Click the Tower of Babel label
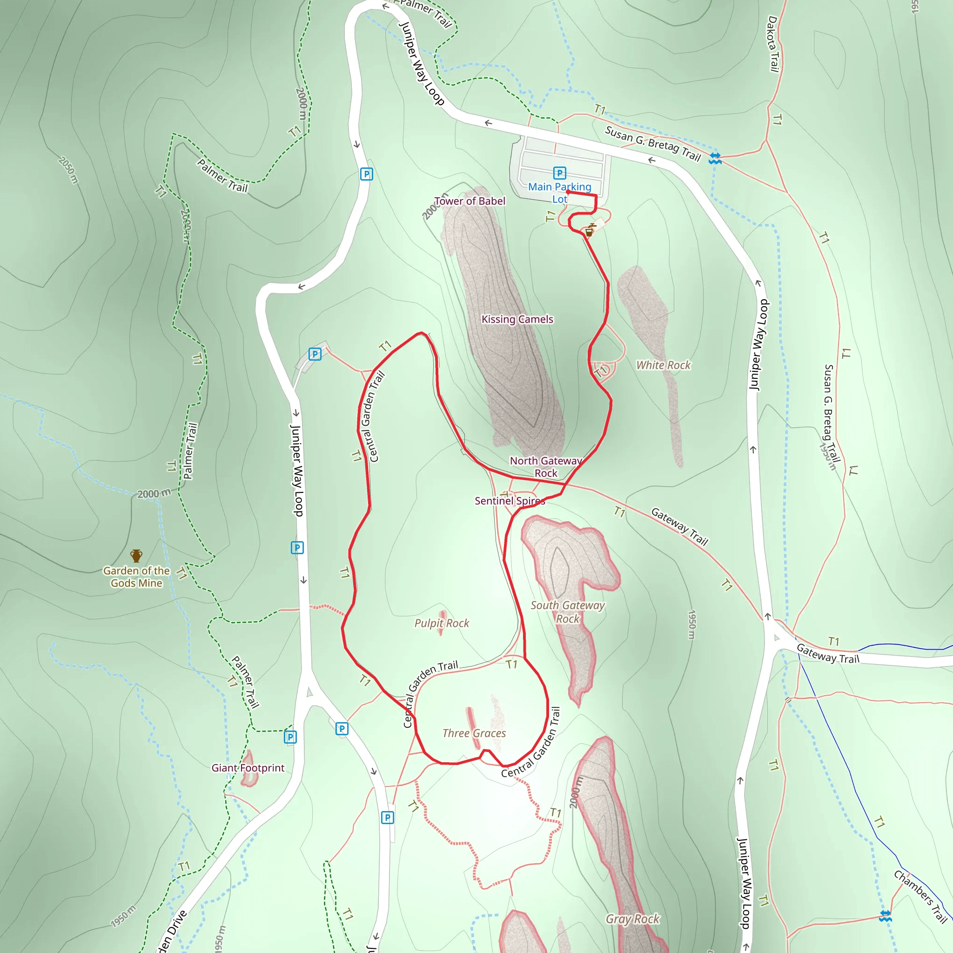pyautogui.click(x=470, y=201)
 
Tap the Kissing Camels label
pyautogui.click(x=517, y=319)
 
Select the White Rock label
pyautogui.click(x=664, y=365)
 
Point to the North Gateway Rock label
pyautogui.click(x=545, y=467)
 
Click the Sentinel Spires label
pyautogui.click(x=510, y=501)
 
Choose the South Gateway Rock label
pyautogui.click(x=567, y=611)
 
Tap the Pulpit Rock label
pyautogui.click(x=442, y=623)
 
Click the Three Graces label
pyautogui.click(x=474, y=733)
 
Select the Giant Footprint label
pyautogui.click(x=248, y=767)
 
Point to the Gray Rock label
pyautogui.click(x=632, y=919)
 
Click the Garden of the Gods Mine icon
pyautogui.click(x=136, y=556)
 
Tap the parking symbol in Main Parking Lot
pyautogui.click(x=559, y=173)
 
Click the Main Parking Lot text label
pyautogui.click(x=559, y=193)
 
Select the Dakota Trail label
pyautogui.click(x=773, y=44)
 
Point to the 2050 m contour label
pyautogui.click(x=68, y=170)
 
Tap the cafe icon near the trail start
pyautogui.click(x=589, y=231)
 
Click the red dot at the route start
pyautogui.click(x=568, y=192)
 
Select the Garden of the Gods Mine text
pyautogui.click(x=136, y=577)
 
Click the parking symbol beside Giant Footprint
pyautogui.click(x=290, y=737)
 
